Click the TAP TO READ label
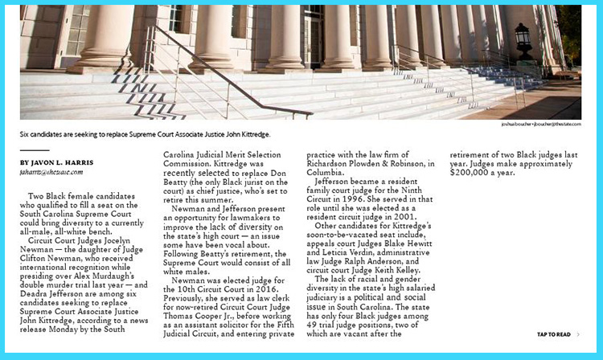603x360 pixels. tap(554, 334)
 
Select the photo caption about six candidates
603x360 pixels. tap(145, 133)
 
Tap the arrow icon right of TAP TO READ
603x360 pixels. tap(579, 334)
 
